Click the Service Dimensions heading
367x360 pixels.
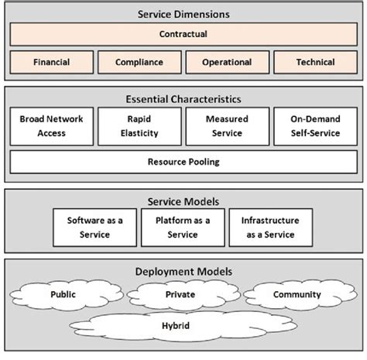tap(183, 14)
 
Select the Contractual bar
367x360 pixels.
tap(183, 35)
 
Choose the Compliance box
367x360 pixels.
tap(139, 62)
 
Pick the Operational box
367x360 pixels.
tap(227, 62)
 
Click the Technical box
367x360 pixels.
tap(315, 62)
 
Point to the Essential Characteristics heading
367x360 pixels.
tap(183, 99)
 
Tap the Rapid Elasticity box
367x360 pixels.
tap(139, 126)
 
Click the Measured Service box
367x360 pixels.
tap(227, 126)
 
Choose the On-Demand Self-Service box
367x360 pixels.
tap(315, 126)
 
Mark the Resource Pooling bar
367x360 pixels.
tap(183, 162)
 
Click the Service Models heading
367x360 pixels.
tap(183, 201)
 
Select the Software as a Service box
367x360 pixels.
tap(94, 227)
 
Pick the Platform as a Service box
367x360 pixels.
tap(183, 227)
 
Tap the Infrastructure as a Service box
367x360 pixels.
tap(270, 227)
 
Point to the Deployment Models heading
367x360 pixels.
tap(183, 273)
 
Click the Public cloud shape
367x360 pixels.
tap(63, 295)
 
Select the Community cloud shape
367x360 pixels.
tap(297, 295)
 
